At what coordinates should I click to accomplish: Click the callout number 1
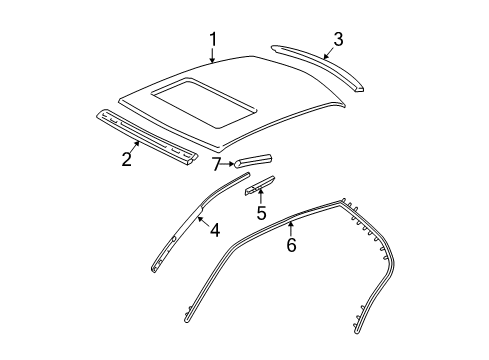(213, 39)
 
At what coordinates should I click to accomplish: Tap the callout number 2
(127, 158)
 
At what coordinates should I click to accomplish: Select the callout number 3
(338, 39)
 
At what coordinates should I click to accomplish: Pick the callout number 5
(260, 213)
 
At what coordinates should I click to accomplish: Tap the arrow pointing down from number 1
(213, 55)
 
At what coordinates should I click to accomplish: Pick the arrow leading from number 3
(326, 50)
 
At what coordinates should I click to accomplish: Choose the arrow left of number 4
(201, 222)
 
